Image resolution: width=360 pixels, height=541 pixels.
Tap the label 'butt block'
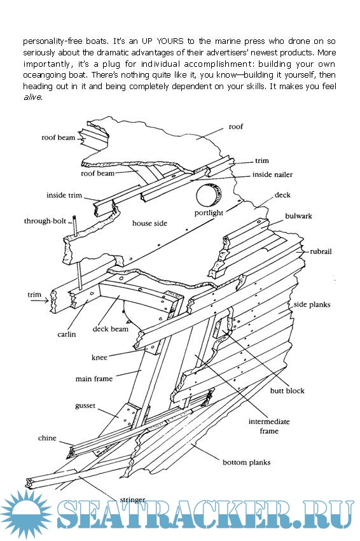[x=287, y=391]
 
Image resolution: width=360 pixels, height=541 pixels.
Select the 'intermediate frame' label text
[x=269, y=426]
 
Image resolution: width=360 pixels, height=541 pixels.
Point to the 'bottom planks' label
[x=247, y=462]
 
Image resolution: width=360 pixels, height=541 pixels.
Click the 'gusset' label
[x=85, y=406]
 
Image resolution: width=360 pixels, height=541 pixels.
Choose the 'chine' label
[x=47, y=438]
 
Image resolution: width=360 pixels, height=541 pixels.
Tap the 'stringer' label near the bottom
[x=132, y=500]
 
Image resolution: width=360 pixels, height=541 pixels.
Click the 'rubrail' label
[x=321, y=251]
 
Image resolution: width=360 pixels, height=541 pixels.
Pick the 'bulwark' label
[x=298, y=216]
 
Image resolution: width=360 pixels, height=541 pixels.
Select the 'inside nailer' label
[x=272, y=174]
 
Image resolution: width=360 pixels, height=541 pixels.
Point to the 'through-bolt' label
[x=45, y=221]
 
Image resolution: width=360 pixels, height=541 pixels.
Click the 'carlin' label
[x=67, y=334]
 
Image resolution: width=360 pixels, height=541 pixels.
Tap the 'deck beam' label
[x=110, y=329]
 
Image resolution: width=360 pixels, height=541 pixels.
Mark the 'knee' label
[x=99, y=358]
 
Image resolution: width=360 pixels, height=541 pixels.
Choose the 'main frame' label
[x=94, y=379]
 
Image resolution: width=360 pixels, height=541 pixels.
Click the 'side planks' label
[x=312, y=305]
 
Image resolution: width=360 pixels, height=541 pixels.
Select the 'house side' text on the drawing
[x=149, y=223]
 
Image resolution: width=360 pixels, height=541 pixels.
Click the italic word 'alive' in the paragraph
[x=32, y=97]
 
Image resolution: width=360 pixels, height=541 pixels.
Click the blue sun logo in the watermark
[x=27, y=514]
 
